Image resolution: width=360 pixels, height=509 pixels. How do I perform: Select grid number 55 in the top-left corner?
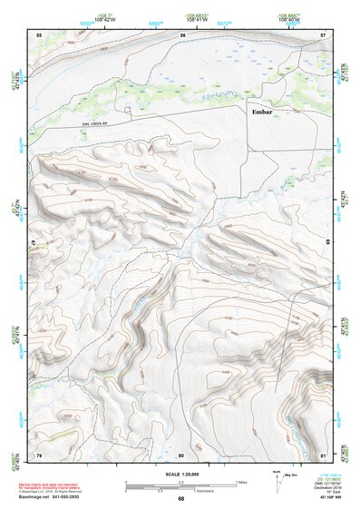click(38, 34)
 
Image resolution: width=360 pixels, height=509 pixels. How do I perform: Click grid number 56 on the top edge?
click(182, 34)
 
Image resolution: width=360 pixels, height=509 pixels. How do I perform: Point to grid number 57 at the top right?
click(323, 34)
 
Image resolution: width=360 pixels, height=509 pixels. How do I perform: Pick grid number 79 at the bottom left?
click(38, 454)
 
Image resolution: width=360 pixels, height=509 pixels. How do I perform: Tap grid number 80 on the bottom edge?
click(181, 454)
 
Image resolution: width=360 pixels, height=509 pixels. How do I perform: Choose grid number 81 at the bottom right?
click(323, 454)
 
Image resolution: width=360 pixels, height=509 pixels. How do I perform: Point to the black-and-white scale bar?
click(180, 484)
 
